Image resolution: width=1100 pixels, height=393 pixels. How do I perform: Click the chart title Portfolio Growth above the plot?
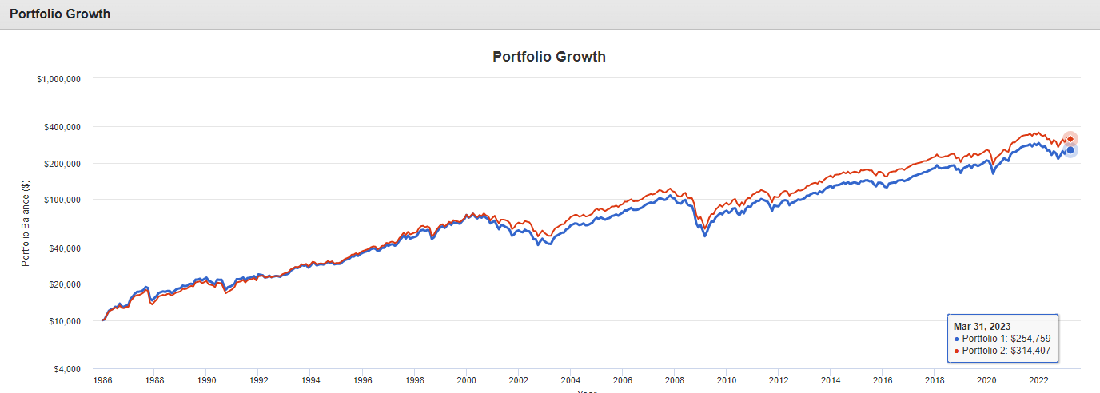(x=549, y=57)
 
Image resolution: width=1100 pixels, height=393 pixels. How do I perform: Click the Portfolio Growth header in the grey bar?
(x=60, y=14)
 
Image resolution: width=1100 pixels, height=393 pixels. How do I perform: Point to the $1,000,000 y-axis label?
(x=61, y=78)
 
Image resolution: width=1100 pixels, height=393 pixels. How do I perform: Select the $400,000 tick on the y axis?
(x=64, y=126)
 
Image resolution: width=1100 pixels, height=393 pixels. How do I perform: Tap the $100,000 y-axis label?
(x=64, y=200)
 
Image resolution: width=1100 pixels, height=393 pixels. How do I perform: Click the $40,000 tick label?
(x=66, y=248)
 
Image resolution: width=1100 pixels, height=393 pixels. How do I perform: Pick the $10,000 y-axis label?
(x=66, y=321)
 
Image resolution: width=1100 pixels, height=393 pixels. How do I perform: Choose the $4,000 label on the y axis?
(x=69, y=369)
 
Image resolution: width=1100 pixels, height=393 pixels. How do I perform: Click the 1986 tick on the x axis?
(x=102, y=381)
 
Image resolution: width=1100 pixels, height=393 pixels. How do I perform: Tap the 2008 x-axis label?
(x=675, y=381)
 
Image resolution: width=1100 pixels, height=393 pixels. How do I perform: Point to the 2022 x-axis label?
(x=1038, y=381)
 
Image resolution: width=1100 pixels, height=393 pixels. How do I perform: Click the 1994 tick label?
(x=310, y=381)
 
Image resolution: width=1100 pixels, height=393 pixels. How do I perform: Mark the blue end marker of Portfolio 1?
(x=1070, y=150)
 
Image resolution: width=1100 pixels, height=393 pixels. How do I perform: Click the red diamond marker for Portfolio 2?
(x=1070, y=139)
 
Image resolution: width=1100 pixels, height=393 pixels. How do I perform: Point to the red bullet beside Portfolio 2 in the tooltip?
(x=957, y=351)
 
